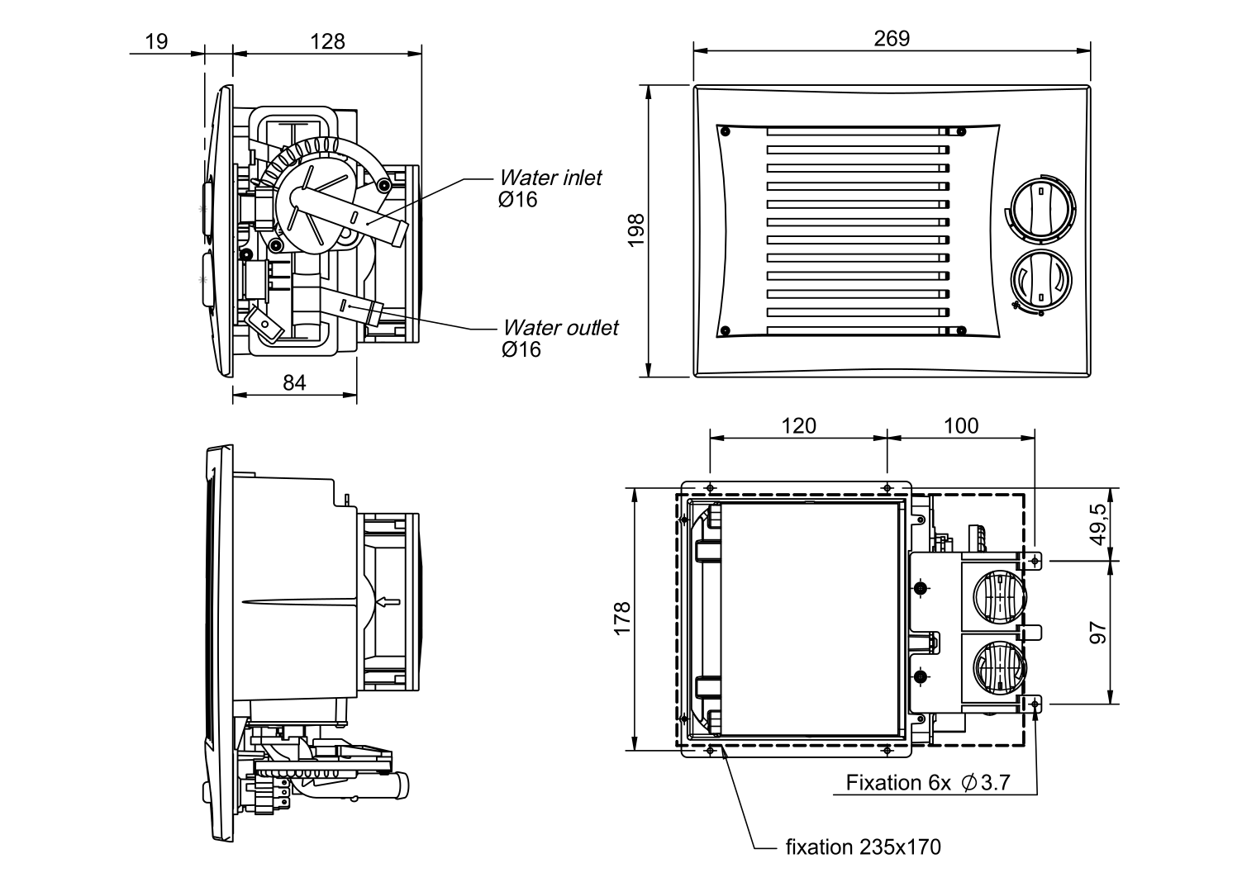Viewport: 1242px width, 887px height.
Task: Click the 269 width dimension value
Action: [x=892, y=38]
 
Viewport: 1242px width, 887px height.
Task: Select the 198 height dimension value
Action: [x=636, y=230]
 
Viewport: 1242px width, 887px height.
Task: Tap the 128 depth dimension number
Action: [x=327, y=41]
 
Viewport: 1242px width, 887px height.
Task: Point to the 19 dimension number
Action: [x=156, y=41]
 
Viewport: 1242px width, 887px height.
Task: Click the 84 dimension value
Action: [x=294, y=383]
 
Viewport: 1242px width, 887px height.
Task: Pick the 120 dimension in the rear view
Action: [x=798, y=426]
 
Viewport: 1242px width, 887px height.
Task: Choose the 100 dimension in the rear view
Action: [x=961, y=426]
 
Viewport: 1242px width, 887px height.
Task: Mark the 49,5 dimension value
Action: [x=1098, y=524]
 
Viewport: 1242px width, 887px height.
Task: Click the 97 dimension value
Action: [x=1098, y=633]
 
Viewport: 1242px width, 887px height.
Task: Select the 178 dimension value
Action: [x=622, y=619]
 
